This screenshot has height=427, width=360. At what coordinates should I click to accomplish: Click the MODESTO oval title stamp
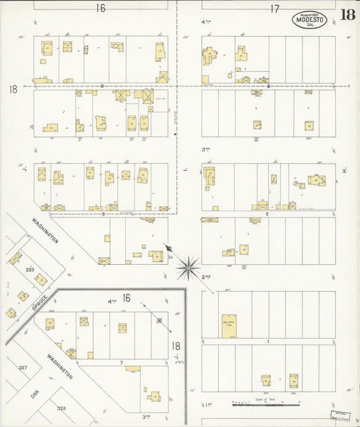coord(309,20)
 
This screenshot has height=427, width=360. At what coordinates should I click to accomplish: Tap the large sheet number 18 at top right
coord(348,15)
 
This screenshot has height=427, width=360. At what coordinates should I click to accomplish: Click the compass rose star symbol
coord(188,267)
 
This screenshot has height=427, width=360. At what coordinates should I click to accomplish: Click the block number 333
coord(30,269)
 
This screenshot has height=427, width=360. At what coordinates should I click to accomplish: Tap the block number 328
coord(61,409)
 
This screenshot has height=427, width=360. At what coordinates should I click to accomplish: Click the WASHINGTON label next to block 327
coord(60,366)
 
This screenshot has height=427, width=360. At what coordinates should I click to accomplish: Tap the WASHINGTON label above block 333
coord(45,230)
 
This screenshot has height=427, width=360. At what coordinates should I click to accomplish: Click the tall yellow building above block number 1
coord(229,325)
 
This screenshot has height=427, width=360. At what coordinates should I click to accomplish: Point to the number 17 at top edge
coord(274,9)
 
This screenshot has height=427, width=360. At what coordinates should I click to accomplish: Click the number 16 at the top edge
coord(101,8)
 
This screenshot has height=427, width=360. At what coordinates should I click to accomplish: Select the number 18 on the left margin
coord(13,89)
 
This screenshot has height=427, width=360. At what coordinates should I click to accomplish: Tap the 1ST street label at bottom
coord(208,405)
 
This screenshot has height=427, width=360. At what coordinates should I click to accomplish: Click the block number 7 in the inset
coord(121,363)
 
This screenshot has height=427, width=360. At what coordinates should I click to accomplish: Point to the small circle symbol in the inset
coord(159,320)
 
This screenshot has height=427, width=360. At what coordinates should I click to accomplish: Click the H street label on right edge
coord(344,171)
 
